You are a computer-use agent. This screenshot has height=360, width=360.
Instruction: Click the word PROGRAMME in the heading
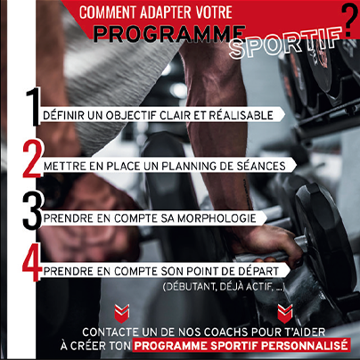click(169, 34)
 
